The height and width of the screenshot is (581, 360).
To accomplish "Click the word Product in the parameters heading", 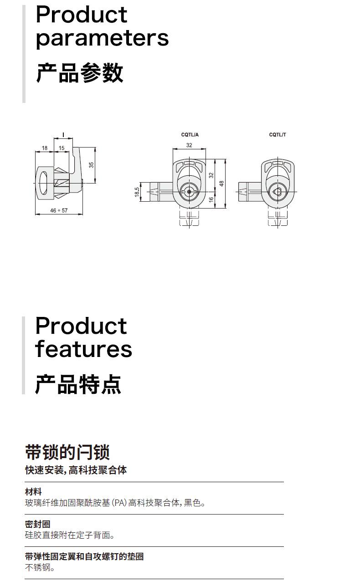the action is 81,15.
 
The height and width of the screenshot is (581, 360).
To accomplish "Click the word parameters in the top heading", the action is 102,38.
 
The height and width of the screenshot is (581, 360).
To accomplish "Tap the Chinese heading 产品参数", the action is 79,73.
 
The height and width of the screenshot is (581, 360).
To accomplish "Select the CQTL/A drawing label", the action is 190,135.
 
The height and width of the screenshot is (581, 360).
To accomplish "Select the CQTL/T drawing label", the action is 278,135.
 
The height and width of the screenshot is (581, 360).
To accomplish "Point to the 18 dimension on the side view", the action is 45,148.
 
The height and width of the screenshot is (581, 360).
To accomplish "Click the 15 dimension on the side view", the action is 62,148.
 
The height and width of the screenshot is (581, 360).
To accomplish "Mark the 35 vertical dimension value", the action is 91,165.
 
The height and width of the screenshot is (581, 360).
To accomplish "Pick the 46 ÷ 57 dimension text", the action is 59,211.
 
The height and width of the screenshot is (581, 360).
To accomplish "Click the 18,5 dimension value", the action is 137,192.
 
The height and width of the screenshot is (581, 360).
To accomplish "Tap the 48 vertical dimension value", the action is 222,183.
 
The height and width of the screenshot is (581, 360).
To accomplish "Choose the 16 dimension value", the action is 211,199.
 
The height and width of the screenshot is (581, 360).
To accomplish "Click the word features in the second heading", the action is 83,349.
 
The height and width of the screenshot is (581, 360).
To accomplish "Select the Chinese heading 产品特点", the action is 78,384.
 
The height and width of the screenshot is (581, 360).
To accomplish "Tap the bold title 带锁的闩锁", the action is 67,452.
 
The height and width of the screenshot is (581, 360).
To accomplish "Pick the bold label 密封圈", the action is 37,525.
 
